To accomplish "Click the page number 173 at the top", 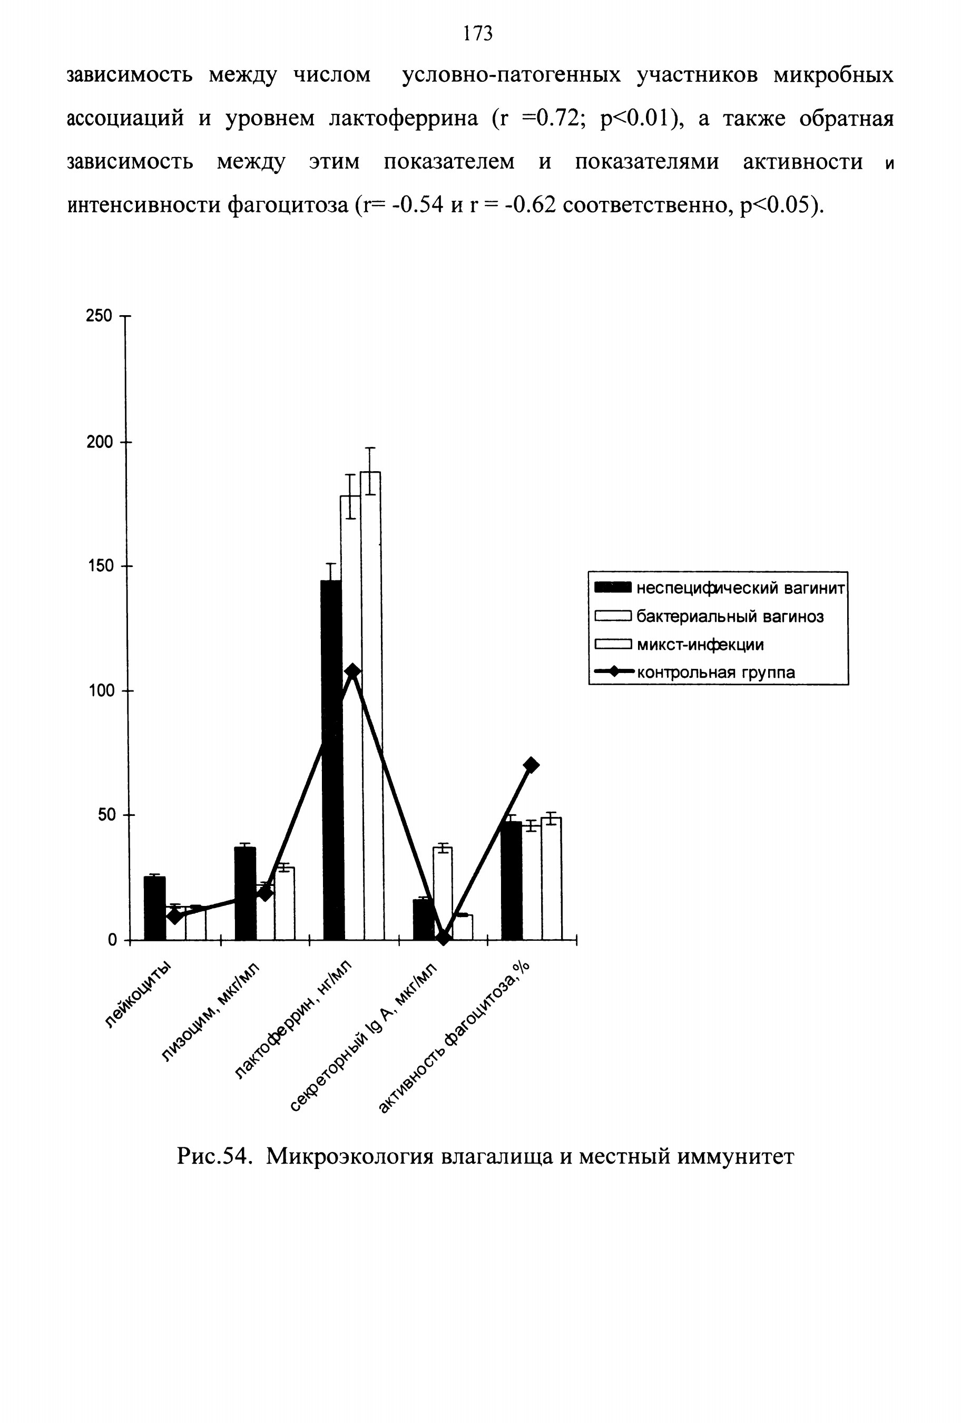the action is pos(478,33).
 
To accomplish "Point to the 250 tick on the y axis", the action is pos(125,317).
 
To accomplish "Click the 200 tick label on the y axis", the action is pos(99,442).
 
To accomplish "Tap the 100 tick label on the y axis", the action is pos(99,690).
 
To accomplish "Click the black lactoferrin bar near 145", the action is pos(331,760).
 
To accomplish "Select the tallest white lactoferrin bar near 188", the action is pos(370,705).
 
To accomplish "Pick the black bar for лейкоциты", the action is pos(154,908).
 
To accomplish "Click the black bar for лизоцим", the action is pos(245,893).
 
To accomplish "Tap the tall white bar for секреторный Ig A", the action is pos(443,893).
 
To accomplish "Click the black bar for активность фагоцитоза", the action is pos(512,881).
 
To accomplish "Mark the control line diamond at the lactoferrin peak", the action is pos(352,670).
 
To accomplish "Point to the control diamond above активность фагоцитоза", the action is pos(531,765).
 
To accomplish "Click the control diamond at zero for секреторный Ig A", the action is pos(443,938).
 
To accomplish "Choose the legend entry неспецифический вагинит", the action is pos(720,588).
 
